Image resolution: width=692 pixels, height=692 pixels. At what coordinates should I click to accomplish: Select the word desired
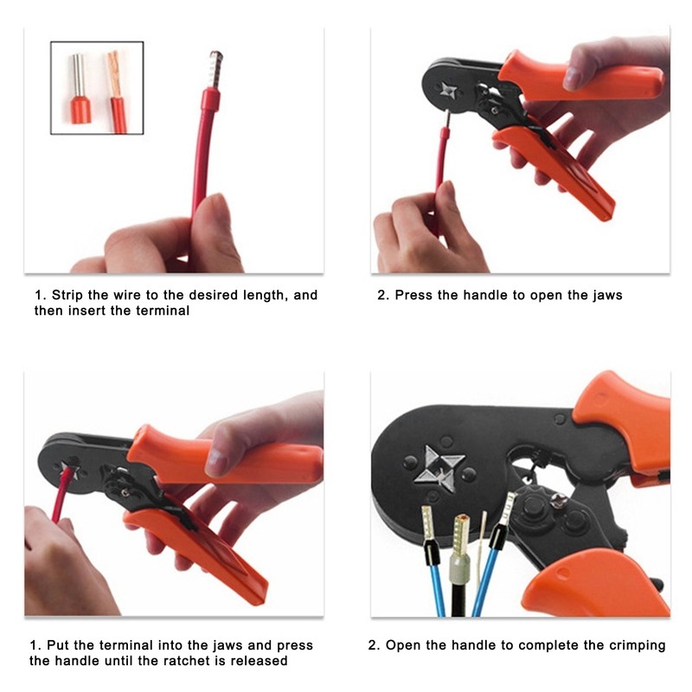[192, 295]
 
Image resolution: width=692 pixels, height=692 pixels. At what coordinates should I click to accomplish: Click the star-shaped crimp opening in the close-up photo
[439, 467]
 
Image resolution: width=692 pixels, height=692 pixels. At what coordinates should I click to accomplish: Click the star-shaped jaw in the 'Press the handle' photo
[449, 90]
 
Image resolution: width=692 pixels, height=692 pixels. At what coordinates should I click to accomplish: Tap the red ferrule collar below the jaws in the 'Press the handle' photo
[445, 138]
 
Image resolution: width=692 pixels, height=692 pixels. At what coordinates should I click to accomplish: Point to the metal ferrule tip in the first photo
[215, 66]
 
